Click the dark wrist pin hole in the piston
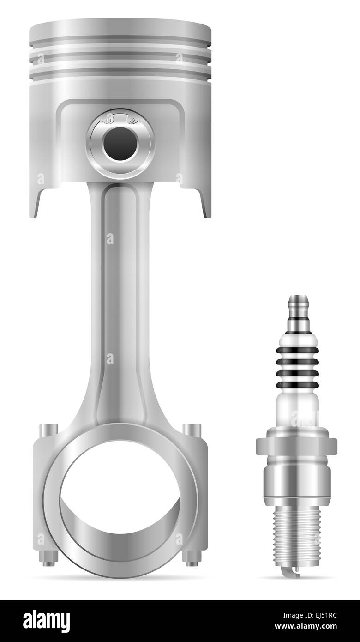[x=120, y=144]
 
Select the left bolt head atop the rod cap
[x=48, y=430]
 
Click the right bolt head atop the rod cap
[x=192, y=430]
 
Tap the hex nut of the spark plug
[x=296, y=446]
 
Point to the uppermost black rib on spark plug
[x=297, y=350]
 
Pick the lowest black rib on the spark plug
[x=297, y=385]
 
